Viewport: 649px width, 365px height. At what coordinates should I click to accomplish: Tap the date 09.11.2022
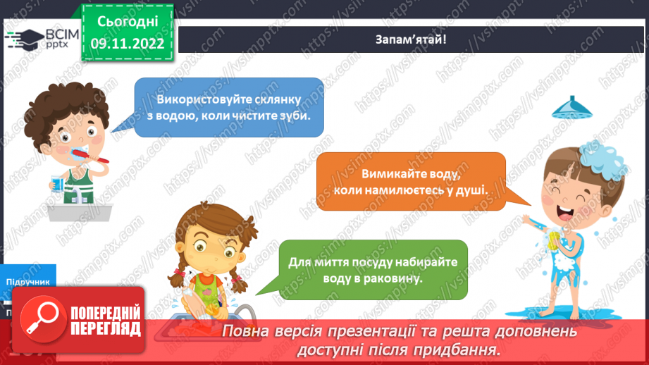click(128, 44)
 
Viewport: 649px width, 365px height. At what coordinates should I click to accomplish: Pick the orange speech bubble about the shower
click(411, 182)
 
